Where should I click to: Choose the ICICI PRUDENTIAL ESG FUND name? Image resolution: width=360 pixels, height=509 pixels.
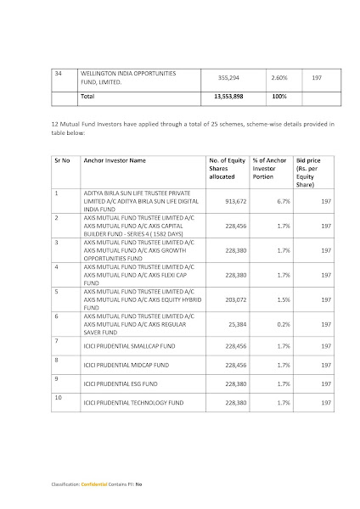(x=115, y=383)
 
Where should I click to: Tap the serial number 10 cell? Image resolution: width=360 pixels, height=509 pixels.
(x=57, y=396)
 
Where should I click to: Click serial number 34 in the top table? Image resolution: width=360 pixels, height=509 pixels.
(x=58, y=74)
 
